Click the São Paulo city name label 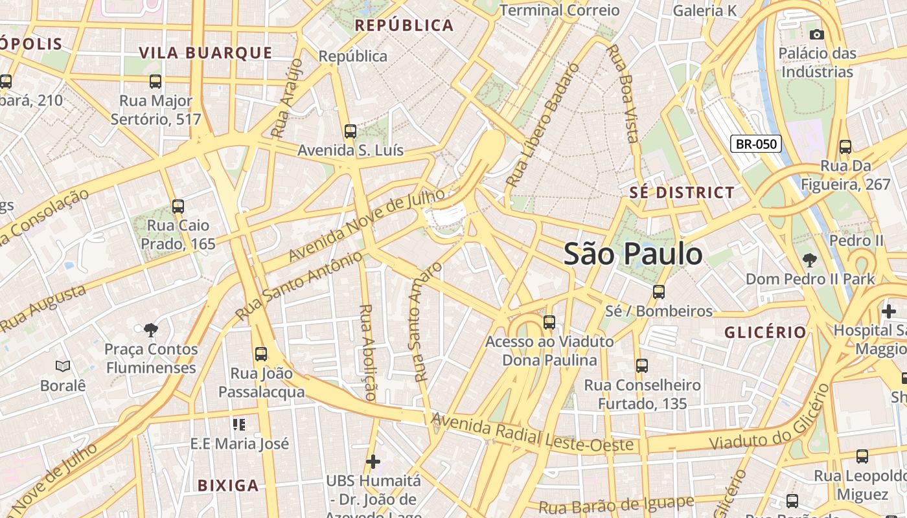[x=633, y=254]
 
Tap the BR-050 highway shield [x=756, y=144]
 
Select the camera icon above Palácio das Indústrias [x=817, y=34]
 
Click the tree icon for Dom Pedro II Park [x=809, y=260]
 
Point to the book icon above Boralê [x=63, y=366]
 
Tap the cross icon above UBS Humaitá [x=373, y=462]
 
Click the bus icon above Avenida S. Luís [x=350, y=131]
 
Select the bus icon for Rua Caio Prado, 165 [x=178, y=207]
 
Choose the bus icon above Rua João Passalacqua [x=261, y=354]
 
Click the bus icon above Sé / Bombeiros [x=659, y=292]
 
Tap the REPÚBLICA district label [x=404, y=26]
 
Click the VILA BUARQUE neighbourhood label [x=205, y=53]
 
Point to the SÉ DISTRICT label [x=682, y=193]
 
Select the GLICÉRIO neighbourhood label [x=765, y=333]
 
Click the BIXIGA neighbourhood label [x=227, y=485]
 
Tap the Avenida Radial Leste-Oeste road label [x=532, y=434]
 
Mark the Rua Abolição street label [x=367, y=352]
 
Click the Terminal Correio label [x=560, y=10]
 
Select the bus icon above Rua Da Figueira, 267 [x=845, y=147]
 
